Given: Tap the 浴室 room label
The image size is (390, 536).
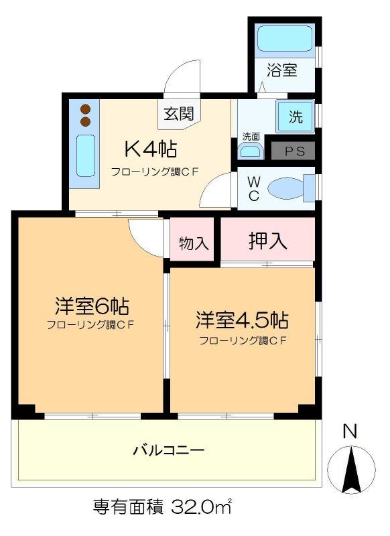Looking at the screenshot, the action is tap(282, 70).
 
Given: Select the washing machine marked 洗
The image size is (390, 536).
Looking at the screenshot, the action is tap(295, 117).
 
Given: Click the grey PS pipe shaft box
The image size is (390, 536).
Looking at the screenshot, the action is tap(294, 151).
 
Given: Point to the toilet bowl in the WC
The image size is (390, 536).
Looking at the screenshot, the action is tap(286, 188).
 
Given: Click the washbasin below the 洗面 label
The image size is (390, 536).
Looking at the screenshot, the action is tap(251, 150).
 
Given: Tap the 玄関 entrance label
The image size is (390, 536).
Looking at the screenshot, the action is tap(179, 114).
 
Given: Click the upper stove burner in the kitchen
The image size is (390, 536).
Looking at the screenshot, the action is tap(84, 109).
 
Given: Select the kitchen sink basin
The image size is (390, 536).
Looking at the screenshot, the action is tap(85, 155).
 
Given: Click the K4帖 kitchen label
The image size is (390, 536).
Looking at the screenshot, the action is tap(150, 149).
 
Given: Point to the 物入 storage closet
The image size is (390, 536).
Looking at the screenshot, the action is tap(192, 240).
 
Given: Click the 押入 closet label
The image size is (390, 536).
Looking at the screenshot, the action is tap(267, 241).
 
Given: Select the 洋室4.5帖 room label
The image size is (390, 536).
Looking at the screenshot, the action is tap(242, 320).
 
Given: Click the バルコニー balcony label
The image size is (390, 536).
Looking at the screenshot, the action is tap(168, 450).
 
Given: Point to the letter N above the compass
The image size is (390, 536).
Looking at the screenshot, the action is tap(350, 431).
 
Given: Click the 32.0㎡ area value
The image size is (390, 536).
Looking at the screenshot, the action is tap(201, 507).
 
